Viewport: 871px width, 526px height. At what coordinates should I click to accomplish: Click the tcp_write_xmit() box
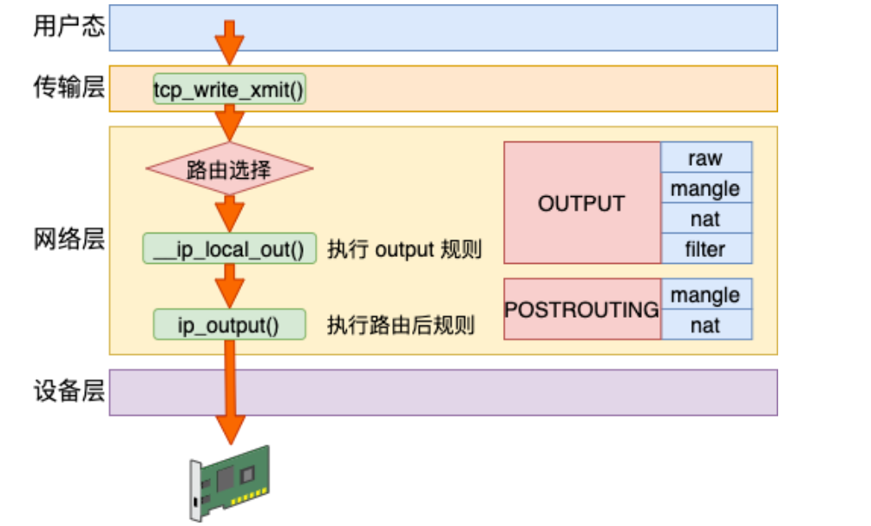(x=229, y=89)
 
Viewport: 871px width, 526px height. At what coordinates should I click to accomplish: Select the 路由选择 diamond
(x=229, y=168)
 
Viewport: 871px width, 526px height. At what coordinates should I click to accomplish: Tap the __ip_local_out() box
(x=229, y=249)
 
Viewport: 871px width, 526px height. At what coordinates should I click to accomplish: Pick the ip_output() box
(x=229, y=325)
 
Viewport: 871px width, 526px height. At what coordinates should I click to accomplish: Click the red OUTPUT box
(x=581, y=203)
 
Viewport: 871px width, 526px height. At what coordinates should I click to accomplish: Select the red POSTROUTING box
(x=581, y=309)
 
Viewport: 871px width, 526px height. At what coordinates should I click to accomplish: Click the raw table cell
(x=705, y=158)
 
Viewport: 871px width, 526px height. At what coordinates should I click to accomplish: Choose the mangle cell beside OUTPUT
(x=705, y=188)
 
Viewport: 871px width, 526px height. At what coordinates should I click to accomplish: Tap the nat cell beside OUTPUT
(x=705, y=219)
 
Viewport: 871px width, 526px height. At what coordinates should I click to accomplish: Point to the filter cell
(x=705, y=249)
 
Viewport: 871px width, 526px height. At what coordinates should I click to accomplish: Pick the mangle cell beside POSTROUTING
(x=705, y=294)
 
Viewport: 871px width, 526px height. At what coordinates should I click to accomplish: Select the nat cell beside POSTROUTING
(x=705, y=325)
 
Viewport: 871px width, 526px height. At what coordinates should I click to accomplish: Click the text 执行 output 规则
(x=403, y=250)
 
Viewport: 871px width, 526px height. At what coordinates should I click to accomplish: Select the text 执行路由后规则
(x=401, y=326)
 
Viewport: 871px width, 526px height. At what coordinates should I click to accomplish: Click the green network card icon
(x=230, y=482)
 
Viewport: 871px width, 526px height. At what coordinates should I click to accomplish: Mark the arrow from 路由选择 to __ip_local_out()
(x=230, y=212)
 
